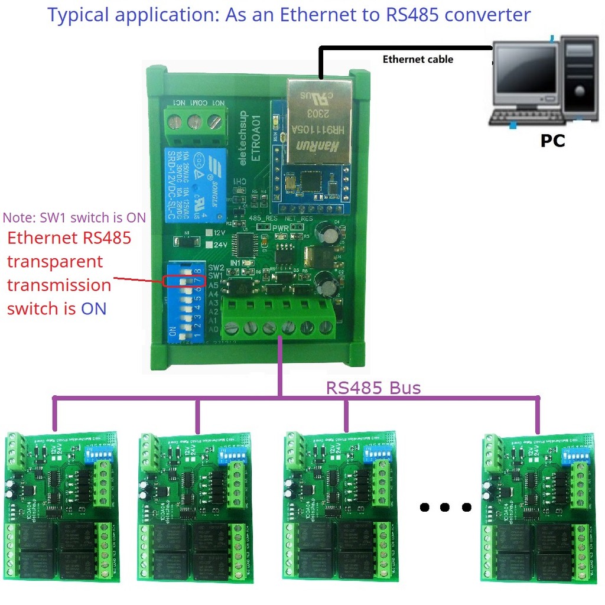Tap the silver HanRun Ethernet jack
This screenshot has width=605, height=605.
point(317,121)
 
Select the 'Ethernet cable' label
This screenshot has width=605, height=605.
point(418,59)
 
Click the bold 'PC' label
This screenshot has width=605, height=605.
point(552,141)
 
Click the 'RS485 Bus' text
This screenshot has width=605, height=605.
point(373,388)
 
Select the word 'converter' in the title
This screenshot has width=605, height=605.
point(487,15)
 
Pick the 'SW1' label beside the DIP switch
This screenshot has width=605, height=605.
point(215,276)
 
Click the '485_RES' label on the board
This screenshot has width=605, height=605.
point(263,219)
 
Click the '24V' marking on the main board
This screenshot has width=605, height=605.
point(220,245)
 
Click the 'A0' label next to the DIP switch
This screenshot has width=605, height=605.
point(214,328)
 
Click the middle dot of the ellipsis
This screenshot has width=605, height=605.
point(445,507)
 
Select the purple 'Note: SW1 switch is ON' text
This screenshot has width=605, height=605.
point(74,217)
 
